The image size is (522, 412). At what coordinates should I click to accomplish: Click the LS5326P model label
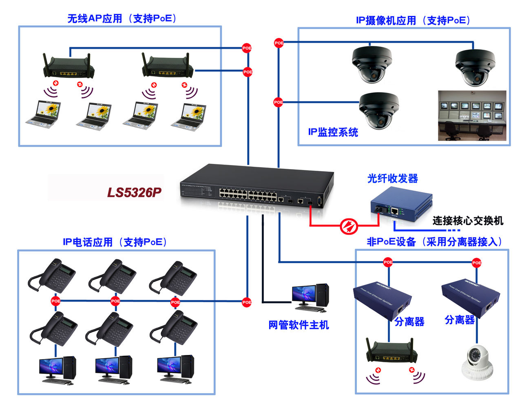point(134,192)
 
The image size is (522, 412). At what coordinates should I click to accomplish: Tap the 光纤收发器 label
point(392,178)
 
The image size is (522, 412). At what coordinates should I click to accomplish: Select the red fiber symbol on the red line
point(349,225)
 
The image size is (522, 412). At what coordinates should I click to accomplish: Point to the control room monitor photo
point(472,116)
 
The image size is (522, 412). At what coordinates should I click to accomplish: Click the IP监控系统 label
point(333,132)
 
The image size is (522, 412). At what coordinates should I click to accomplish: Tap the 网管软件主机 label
point(299,325)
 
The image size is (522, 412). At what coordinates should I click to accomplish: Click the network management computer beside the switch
point(310,296)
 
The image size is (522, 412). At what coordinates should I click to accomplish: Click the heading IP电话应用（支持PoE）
point(115,242)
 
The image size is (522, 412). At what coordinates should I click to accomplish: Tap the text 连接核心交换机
point(467,220)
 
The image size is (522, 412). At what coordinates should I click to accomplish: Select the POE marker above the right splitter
point(476,263)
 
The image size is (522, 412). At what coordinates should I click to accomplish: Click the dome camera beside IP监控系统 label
point(378,110)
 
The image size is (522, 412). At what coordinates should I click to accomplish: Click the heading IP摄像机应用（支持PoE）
point(413,20)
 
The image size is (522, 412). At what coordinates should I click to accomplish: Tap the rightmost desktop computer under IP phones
point(175,368)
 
